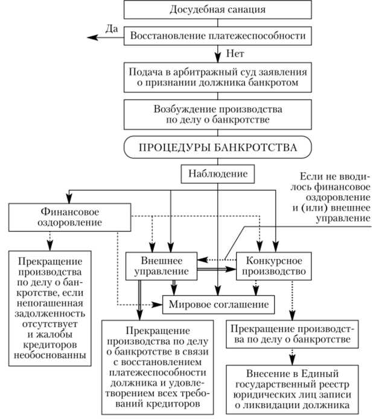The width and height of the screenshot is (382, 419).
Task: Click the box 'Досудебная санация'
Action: pos(218,10)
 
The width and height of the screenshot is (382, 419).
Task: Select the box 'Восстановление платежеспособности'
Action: pos(218,36)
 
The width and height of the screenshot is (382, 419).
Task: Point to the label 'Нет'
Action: pos(235,53)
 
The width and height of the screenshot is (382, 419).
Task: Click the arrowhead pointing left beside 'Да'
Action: pos(92,37)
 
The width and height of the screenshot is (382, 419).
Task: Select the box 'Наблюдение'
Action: pos(218,174)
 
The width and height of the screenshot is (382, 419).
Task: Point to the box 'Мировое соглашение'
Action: pos(220,303)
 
